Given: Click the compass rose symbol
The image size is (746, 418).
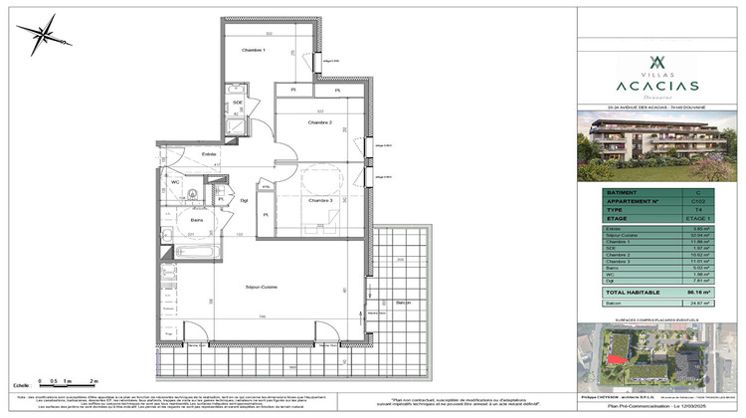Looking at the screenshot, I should pos(43,40).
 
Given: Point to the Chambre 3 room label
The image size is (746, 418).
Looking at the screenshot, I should pos(319,201).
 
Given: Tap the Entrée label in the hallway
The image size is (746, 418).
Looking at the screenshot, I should pos(210,154).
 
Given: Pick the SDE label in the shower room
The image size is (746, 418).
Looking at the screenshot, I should pos(238,104).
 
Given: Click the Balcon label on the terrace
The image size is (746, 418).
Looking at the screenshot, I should pos(403,302).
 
